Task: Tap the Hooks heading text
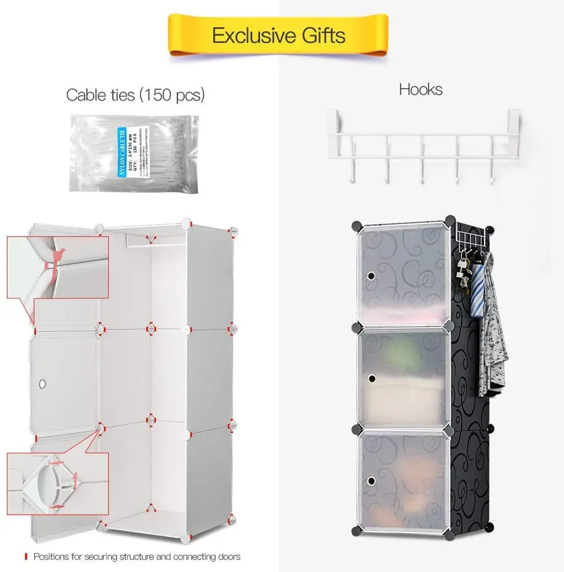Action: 421,89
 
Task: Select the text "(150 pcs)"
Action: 171,94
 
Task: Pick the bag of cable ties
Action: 134,153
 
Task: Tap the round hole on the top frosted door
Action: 371,276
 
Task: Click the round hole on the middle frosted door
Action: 371,378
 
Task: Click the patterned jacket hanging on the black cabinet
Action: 492,337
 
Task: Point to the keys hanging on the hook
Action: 462,274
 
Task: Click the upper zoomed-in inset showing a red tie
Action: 57,267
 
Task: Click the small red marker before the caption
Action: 25,556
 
